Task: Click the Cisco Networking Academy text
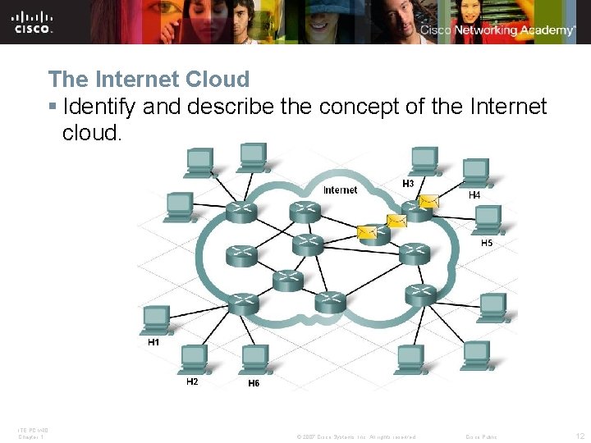click(498, 30)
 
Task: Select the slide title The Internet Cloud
click(149, 80)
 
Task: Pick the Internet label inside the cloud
click(340, 190)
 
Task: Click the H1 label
click(153, 343)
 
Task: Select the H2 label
click(192, 381)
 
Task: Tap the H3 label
click(408, 183)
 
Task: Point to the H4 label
click(474, 195)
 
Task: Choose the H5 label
click(486, 243)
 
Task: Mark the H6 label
click(254, 383)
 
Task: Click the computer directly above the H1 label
click(154, 320)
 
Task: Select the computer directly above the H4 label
click(475, 172)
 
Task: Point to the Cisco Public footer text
click(481, 436)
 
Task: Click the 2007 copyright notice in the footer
click(356, 436)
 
